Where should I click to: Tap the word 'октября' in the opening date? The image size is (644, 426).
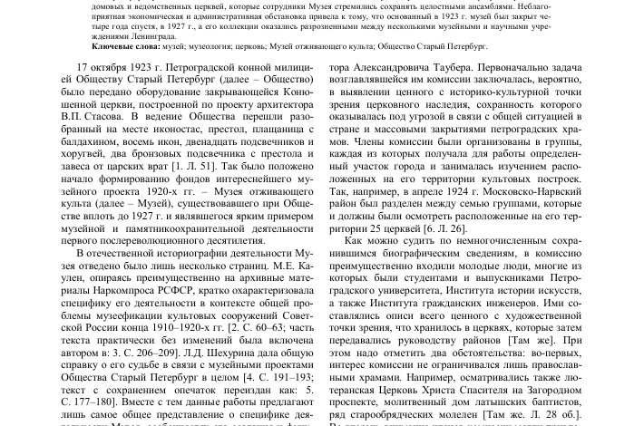click(121, 68)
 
